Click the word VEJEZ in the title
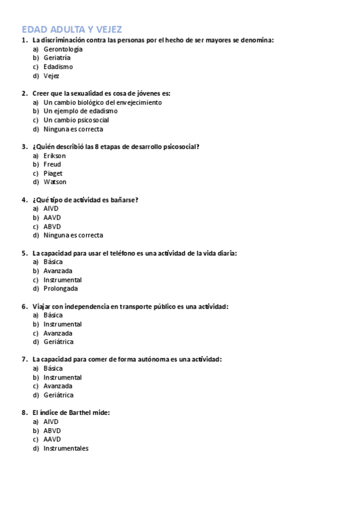click(107, 29)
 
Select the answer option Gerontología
click(63, 49)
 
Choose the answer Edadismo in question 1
click(58, 67)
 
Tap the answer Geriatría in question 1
click(57, 58)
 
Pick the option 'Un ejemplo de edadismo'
click(81, 111)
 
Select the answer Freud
click(52, 164)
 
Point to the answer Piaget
click(53, 173)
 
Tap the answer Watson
click(55, 182)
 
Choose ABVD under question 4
click(52, 227)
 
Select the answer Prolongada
click(60, 289)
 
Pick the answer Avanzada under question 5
click(58, 271)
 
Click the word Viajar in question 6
click(42, 307)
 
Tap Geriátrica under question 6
click(58, 342)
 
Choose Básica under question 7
click(53, 369)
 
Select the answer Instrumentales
click(66, 448)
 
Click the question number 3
click(24, 147)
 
